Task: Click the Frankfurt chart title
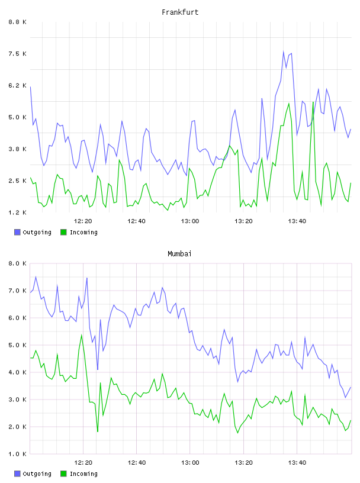click(x=180, y=12)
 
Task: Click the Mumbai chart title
click(x=179, y=254)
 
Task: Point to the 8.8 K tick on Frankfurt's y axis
click(x=18, y=22)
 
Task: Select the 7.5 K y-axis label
click(x=18, y=54)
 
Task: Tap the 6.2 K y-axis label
click(x=18, y=85)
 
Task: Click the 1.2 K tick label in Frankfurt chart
click(x=18, y=212)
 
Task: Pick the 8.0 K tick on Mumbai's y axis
click(x=18, y=263)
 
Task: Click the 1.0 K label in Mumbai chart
click(x=18, y=454)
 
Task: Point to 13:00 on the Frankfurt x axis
click(x=190, y=221)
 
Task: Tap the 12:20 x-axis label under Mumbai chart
click(x=83, y=463)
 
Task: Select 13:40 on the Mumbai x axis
click(x=297, y=463)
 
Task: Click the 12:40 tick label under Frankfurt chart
click(x=137, y=221)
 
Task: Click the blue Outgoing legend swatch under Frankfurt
click(x=17, y=232)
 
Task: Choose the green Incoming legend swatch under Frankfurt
click(x=63, y=232)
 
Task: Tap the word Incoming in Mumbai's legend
click(x=83, y=474)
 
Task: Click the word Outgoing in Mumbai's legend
click(x=37, y=474)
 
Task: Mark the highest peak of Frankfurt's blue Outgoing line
click(x=283, y=51)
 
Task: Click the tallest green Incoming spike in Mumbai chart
click(x=82, y=335)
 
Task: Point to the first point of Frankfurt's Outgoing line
click(x=30, y=87)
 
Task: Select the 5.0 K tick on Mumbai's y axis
click(x=18, y=345)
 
